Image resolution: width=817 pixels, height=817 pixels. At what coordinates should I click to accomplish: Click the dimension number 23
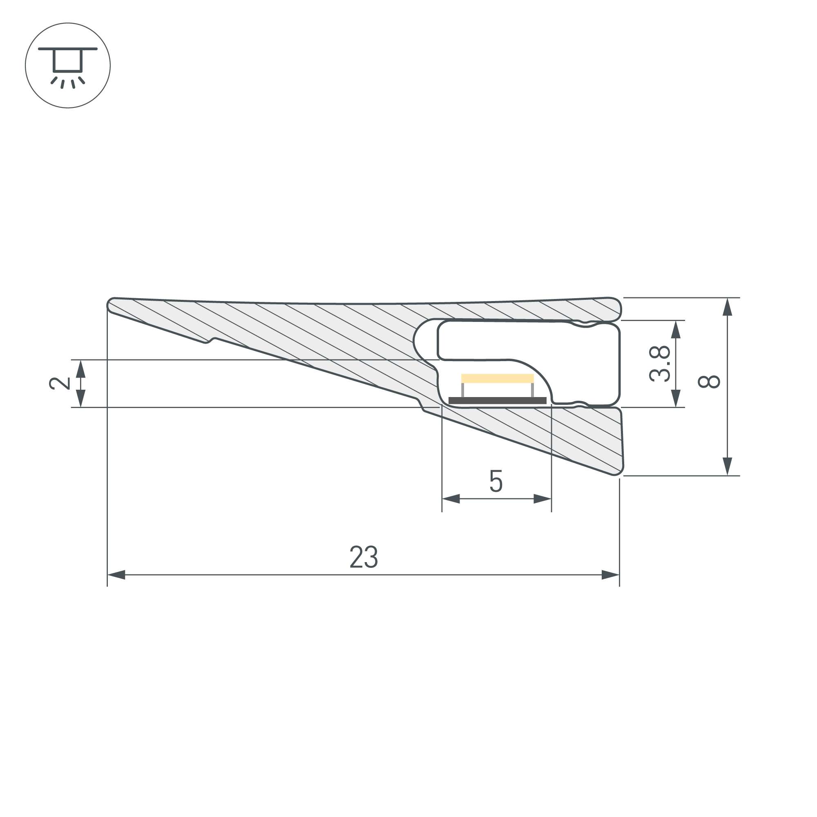pyautogui.click(x=364, y=557)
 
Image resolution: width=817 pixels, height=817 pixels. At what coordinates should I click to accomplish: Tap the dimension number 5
pyautogui.click(x=496, y=481)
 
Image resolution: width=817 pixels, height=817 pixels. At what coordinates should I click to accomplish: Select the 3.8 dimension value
pyautogui.click(x=660, y=364)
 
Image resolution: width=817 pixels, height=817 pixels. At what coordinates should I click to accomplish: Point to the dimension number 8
pyautogui.click(x=709, y=382)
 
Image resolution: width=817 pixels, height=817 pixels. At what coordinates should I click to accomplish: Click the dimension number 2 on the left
pyautogui.click(x=60, y=383)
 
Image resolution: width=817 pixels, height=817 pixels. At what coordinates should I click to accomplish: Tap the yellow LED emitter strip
pyautogui.click(x=497, y=379)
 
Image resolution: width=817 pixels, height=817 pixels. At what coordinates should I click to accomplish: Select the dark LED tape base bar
pyautogui.click(x=497, y=400)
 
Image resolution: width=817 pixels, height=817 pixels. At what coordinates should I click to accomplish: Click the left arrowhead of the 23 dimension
pyautogui.click(x=116, y=575)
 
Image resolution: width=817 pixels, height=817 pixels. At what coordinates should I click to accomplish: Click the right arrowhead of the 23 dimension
pyautogui.click(x=611, y=575)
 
